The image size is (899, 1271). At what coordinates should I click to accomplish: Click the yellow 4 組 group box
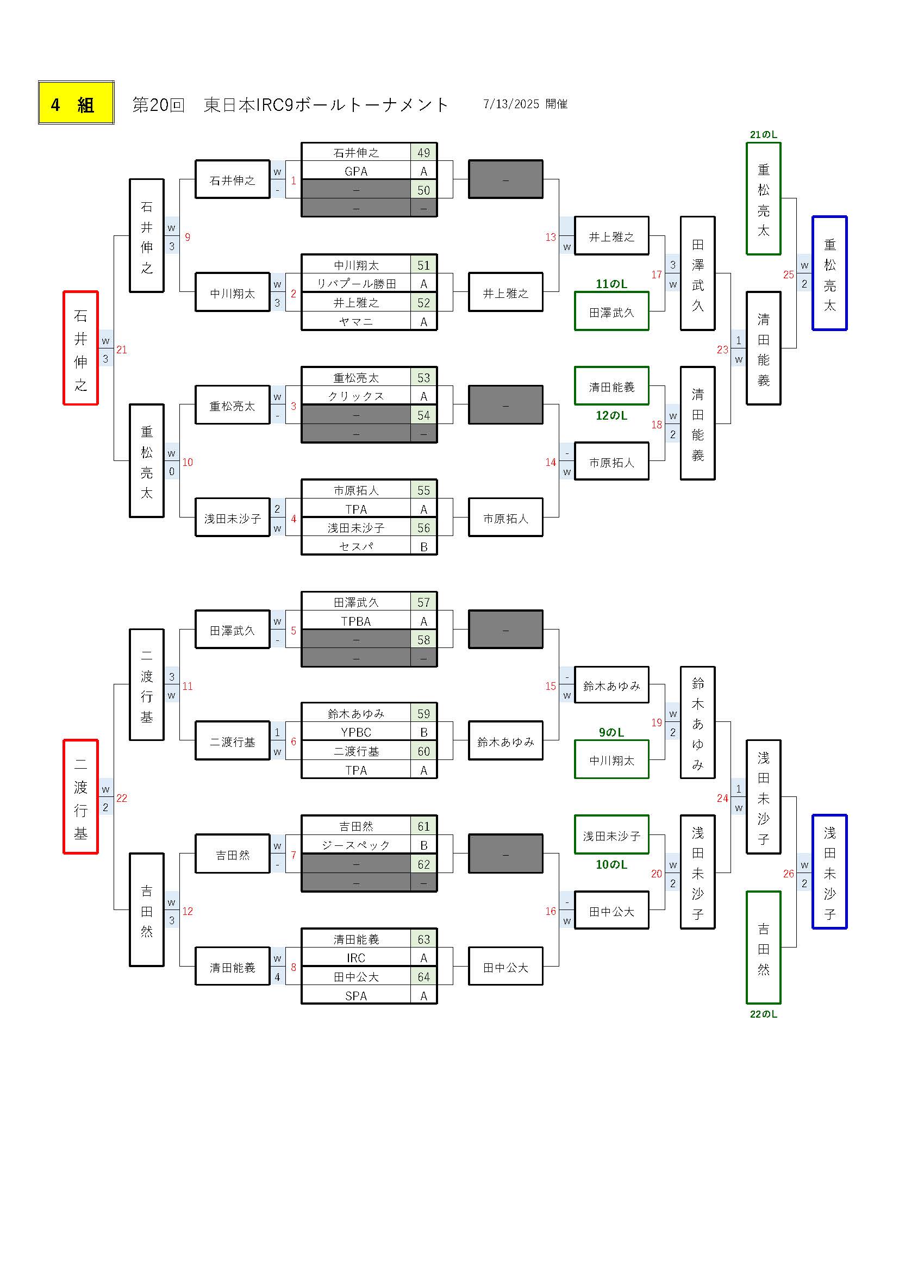76,103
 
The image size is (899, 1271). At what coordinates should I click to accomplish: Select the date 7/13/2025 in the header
511,104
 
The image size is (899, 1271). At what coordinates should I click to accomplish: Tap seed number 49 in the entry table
423,153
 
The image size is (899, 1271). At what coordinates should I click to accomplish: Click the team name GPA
356,172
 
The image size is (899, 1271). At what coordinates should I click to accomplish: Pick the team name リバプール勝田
356,284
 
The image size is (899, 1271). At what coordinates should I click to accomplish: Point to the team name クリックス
356,396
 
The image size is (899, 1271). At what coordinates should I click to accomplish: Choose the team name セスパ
356,547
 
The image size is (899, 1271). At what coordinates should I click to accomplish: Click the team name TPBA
356,622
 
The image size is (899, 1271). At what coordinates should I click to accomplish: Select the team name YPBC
356,733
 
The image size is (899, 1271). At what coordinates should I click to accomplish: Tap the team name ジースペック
356,845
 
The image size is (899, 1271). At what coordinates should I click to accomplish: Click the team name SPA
356,996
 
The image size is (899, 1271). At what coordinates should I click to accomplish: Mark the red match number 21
122,350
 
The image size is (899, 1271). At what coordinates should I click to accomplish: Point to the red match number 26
789,874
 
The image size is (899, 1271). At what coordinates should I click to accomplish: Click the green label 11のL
611,284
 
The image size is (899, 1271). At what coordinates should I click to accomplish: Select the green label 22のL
763,1014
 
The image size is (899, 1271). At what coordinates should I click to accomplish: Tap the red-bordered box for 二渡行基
81,797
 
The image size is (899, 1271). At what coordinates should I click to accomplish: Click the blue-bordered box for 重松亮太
829,273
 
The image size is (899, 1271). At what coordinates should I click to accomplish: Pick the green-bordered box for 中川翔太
611,760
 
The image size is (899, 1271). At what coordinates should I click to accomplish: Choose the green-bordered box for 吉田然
763,948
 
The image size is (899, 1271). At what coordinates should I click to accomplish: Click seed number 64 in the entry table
423,977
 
